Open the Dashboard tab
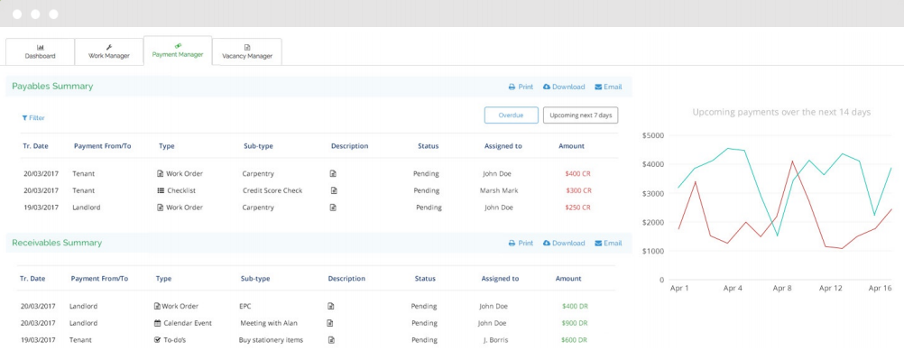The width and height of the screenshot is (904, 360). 40,51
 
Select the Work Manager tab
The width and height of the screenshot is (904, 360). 109,51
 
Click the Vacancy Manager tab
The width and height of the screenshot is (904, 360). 247,51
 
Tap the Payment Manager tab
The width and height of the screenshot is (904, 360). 178,51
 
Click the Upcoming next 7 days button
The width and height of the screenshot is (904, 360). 580,115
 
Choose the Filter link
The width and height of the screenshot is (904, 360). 33,118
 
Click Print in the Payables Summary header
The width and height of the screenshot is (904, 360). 521,87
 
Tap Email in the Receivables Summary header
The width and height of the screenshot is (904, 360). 608,243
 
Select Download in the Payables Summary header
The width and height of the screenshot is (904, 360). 564,87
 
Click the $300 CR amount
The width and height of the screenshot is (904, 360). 578,190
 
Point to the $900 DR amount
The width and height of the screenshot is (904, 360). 575,323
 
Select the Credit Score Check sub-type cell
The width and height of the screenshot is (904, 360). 272,190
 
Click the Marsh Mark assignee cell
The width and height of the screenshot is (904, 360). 499,190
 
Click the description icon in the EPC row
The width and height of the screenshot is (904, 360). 331,306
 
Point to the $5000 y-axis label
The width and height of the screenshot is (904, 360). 651,135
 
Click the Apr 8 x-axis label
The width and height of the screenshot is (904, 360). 782,288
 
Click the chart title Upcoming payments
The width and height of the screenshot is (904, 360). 781,112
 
